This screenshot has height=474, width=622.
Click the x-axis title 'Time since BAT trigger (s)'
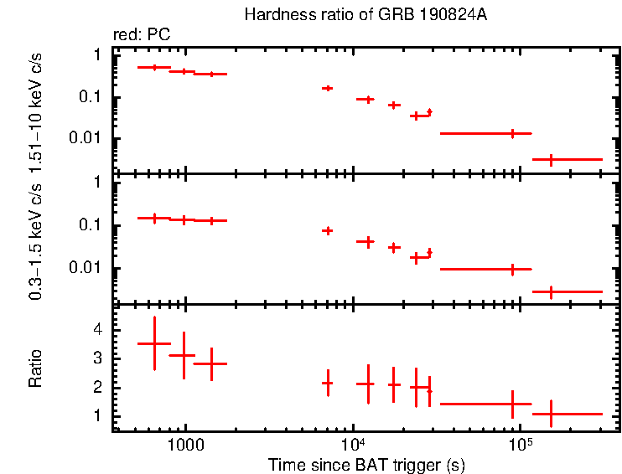366,464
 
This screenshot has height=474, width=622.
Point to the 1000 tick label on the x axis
184,443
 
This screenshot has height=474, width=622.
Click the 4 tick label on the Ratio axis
97,331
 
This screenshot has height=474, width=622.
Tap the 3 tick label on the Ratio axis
97,358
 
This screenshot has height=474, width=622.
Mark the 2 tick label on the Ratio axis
97,388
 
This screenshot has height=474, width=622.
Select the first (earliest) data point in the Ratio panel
154,343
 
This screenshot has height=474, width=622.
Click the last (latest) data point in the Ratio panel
551,414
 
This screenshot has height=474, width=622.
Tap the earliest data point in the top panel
154,67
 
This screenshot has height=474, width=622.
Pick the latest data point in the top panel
551,159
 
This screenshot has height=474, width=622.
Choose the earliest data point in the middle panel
154,218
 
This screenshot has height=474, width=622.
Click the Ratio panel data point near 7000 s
328,383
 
